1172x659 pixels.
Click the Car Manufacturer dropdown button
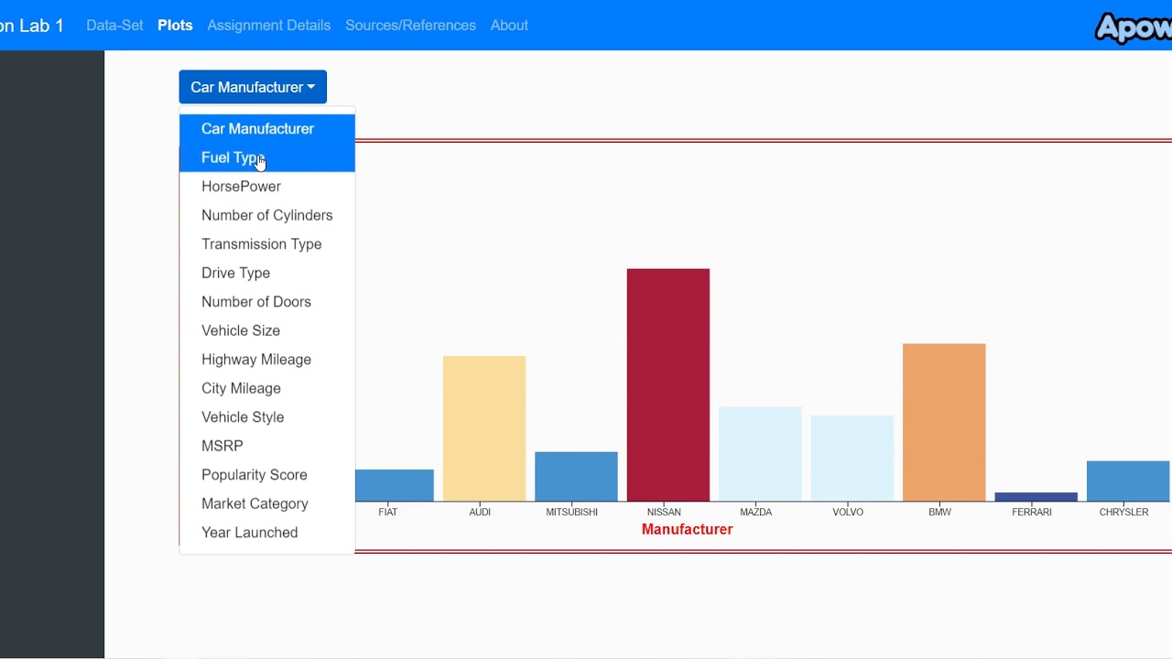pyautogui.click(x=253, y=87)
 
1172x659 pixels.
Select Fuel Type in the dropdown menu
pyautogui.click(x=233, y=157)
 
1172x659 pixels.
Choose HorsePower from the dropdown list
pyautogui.click(x=241, y=186)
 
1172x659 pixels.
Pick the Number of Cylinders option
pyautogui.click(x=266, y=215)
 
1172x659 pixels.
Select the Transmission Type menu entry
pyautogui.click(x=261, y=244)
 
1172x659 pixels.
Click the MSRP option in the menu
pyautogui.click(x=222, y=446)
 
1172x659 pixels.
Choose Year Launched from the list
pyautogui.click(x=249, y=533)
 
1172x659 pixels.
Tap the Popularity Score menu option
pyautogui.click(x=254, y=475)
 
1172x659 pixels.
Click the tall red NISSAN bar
pyautogui.click(x=667, y=384)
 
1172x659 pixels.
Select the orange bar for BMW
pyautogui.click(x=943, y=422)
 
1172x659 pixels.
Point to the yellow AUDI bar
pyautogui.click(x=483, y=428)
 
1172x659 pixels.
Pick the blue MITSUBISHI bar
pyautogui.click(x=576, y=476)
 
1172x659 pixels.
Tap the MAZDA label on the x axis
pyautogui.click(x=755, y=512)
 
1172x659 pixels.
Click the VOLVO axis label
pyautogui.click(x=847, y=512)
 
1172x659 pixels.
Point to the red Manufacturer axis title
pyautogui.click(x=687, y=529)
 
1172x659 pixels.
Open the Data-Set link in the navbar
pyautogui.click(x=114, y=26)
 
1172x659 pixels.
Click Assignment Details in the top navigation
pyautogui.click(x=268, y=26)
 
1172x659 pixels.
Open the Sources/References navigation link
pyautogui.click(x=410, y=26)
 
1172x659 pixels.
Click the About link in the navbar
pyautogui.click(x=509, y=26)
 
